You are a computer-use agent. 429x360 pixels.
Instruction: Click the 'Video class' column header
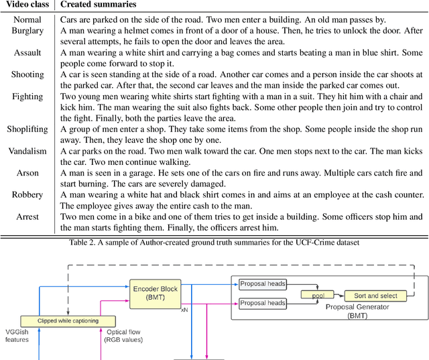click(x=27, y=5)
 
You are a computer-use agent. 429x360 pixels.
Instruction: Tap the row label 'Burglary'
click(x=27, y=30)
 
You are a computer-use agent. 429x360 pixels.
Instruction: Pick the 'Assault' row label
click(x=27, y=52)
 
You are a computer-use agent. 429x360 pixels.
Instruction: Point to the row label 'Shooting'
click(x=27, y=74)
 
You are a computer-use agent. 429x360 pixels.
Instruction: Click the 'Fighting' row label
click(x=27, y=97)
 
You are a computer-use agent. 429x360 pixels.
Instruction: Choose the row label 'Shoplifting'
click(x=27, y=129)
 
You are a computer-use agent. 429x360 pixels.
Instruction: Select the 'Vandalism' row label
click(x=27, y=151)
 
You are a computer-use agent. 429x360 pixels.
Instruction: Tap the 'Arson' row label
click(x=27, y=173)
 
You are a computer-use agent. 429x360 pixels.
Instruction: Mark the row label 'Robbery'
click(x=27, y=195)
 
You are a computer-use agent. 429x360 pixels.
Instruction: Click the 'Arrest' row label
click(x=27, y=217)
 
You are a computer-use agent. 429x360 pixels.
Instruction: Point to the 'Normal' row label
click(x=27, y=19)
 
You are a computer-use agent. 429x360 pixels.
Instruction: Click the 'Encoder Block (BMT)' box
click(x=155, y=293)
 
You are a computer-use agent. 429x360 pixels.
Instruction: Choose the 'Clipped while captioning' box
click(x=68, y=320)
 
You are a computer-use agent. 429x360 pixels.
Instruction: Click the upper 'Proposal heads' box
click(x=262, y=284)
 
